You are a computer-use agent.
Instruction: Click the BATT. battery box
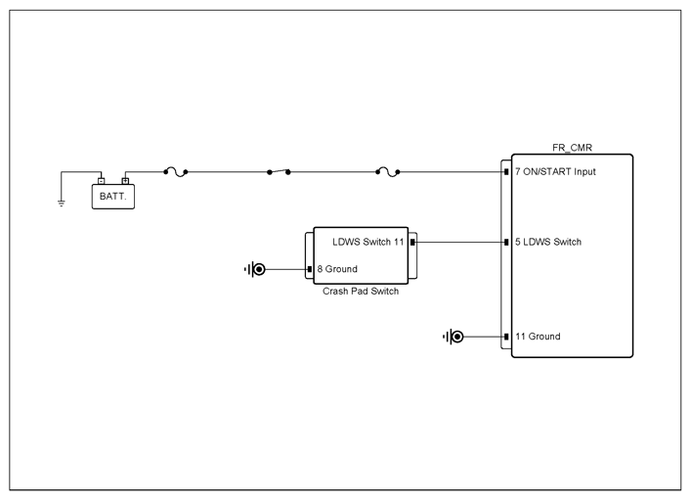tap(113, 197)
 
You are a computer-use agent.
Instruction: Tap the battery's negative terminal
tap(102, 180)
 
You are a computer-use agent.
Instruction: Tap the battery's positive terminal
tap(125, 180)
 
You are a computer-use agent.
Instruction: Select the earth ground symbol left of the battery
tap(62, 203)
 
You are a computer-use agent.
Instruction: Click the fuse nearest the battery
tap(176, 172)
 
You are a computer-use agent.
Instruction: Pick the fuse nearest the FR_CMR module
tap(388, 172)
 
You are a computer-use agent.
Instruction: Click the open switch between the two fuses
tap(279, 171)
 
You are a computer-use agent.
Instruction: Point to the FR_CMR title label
tap(572, 148)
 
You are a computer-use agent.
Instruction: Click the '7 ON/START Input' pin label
tap(555, 171)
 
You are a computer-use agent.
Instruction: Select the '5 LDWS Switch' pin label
tap(548, 242)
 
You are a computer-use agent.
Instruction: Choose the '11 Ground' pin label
tap(538, 337)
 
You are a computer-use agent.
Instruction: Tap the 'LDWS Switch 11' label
tap(367, 242)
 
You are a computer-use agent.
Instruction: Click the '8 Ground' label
tap(337, 269)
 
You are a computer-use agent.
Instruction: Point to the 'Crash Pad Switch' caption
tap(361, 292)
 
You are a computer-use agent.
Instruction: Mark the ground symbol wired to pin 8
tap(255, 269)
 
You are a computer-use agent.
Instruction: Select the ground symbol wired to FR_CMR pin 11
tap(453, 337)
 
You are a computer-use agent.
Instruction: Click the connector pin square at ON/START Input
tap(506, 171)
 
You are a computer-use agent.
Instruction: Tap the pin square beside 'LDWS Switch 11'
tap(412, 243)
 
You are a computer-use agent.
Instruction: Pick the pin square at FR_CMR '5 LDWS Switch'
tap(506, 243)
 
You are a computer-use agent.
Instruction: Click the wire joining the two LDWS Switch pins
tap(459, 243)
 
